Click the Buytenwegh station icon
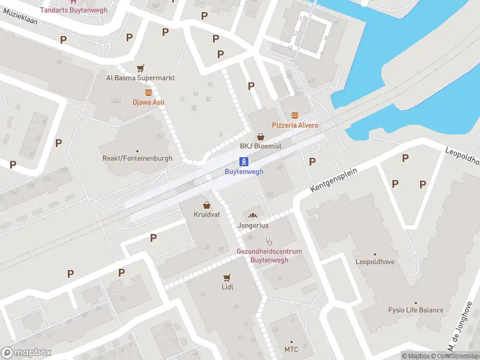point(244,161)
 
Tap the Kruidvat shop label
point(206,214)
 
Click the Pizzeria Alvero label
point(295,125)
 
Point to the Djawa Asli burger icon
point(148,92)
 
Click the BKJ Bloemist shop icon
point(260,136)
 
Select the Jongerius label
point(253,226)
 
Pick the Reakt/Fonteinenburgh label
point(137,158)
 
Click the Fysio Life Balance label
point(415,310)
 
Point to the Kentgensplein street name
point(334,180)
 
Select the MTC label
point(291,349)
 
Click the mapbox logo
point(26,352)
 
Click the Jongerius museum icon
point(253,215)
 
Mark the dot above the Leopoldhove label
point(376,254)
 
